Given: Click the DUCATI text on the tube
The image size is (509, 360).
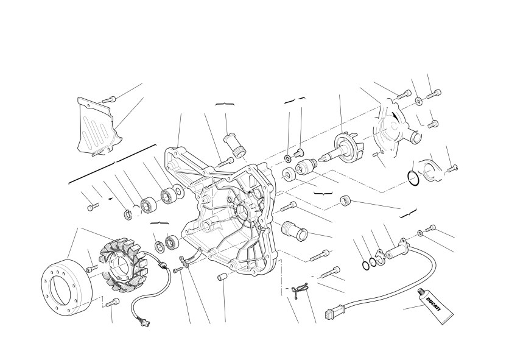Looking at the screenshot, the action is click(434, 304).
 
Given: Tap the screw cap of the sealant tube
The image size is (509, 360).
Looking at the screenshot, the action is click(422, 292).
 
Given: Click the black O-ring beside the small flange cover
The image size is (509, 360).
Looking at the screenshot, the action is click(413, 178).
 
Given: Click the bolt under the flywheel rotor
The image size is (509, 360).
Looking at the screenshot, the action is click(112, 302).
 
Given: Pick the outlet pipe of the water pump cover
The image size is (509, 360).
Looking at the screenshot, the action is click(414, 135).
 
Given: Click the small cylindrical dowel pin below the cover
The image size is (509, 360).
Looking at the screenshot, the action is click(222, 278).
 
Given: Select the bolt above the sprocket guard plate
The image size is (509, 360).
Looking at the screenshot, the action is click(109, 99).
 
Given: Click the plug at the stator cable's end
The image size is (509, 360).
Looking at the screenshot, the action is click(144, 321).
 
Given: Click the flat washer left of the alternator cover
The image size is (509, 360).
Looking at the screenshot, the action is click(178, 191).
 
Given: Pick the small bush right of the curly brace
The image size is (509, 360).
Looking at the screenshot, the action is click(346, 200).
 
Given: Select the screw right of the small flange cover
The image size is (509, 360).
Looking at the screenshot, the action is click(452, 169).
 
